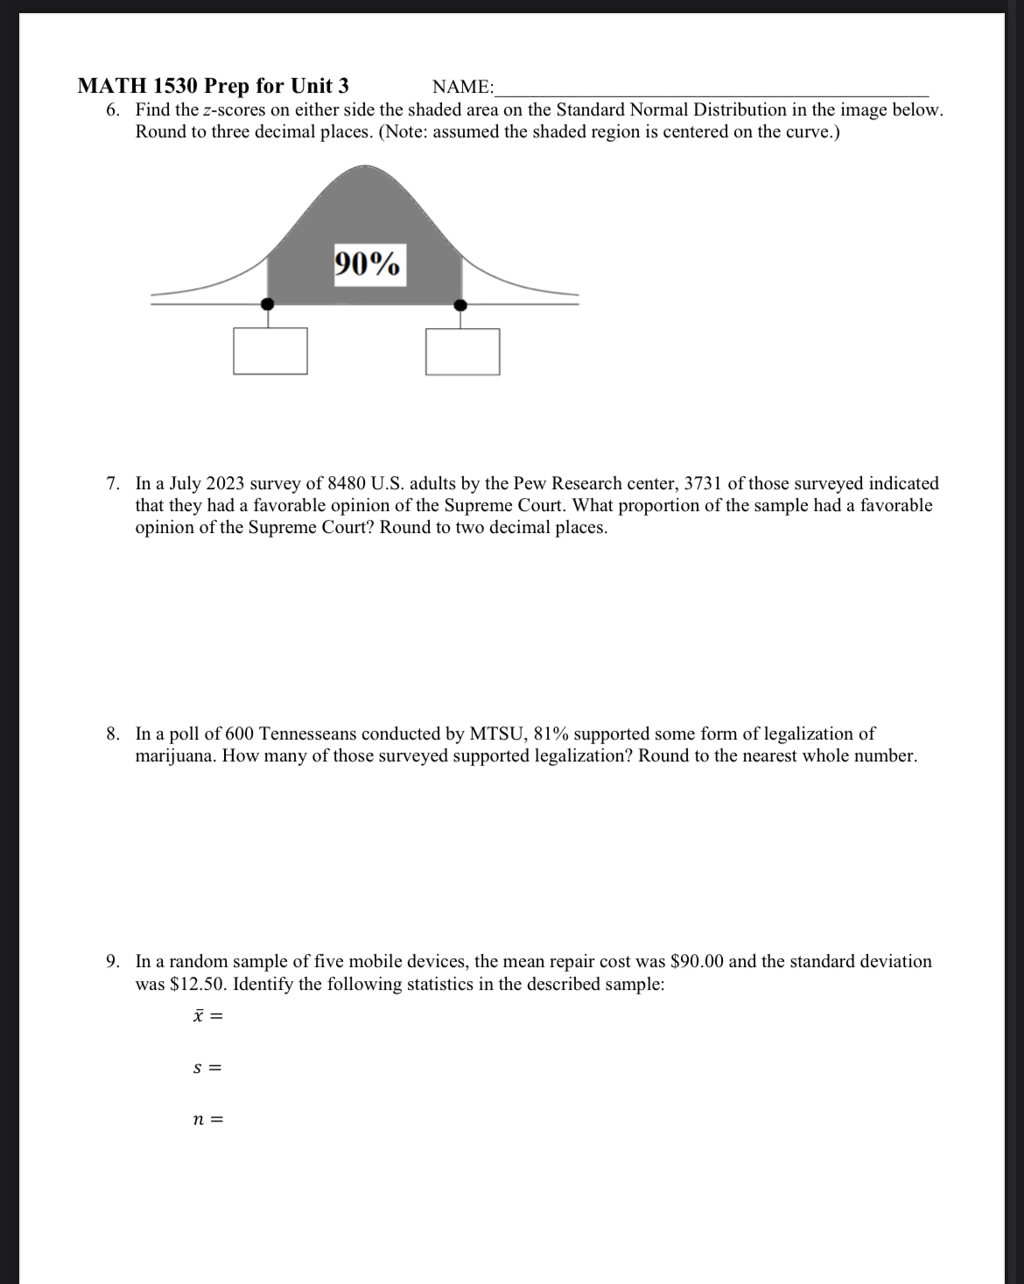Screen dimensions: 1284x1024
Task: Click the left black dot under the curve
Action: coord(268,304)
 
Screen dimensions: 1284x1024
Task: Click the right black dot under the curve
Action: coord(460,305)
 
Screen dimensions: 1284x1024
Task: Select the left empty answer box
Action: coord(270,351)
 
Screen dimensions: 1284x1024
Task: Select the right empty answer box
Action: coord(463,351)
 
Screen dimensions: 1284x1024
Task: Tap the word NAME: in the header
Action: coord(463,87)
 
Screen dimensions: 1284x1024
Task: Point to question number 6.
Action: coord(113,110)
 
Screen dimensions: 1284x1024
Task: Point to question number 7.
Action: coord(113,483)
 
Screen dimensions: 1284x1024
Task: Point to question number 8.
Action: coord(113,733)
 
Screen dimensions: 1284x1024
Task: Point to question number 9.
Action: coord(113,961)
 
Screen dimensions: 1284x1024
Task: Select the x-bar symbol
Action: coord(199,1015)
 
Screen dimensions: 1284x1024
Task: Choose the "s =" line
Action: coord(206,1068)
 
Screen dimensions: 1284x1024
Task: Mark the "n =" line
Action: coord(207,1119)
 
